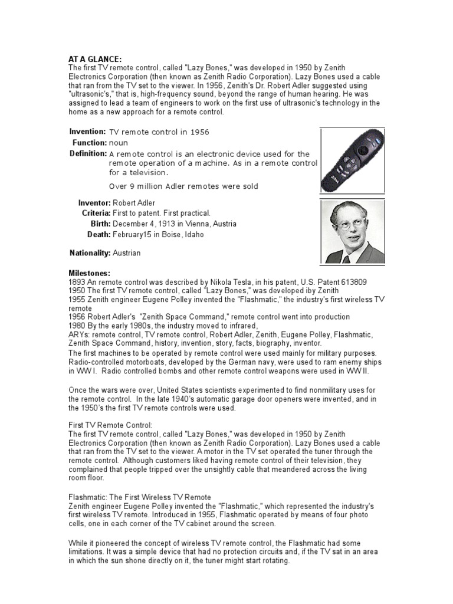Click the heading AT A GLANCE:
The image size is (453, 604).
coord(95,59)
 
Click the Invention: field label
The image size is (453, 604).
coord(87,132)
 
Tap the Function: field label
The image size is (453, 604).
coord(89,143)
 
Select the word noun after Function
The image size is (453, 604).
coord(119,143)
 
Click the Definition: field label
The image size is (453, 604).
coord(88,153)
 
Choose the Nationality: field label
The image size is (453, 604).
coord(90,252)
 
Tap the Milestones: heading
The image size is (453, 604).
coord(90,273)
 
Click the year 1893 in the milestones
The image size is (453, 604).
coord(77,282)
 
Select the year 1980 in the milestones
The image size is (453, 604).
coord(77,326)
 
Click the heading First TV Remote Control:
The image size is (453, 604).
coord(110,425)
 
